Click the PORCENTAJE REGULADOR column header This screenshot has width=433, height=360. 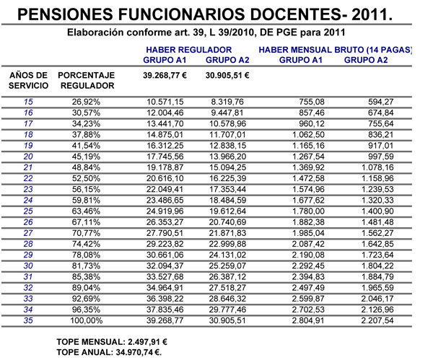(86, 79)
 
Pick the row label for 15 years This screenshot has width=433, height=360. (29, 102)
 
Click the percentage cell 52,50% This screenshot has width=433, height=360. (85, 177)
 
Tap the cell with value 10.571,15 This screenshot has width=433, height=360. (165, 102)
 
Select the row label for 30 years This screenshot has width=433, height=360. (29, 265)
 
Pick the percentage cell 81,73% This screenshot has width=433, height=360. (85, 265)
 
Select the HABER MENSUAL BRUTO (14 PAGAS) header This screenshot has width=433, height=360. (335, 48)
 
